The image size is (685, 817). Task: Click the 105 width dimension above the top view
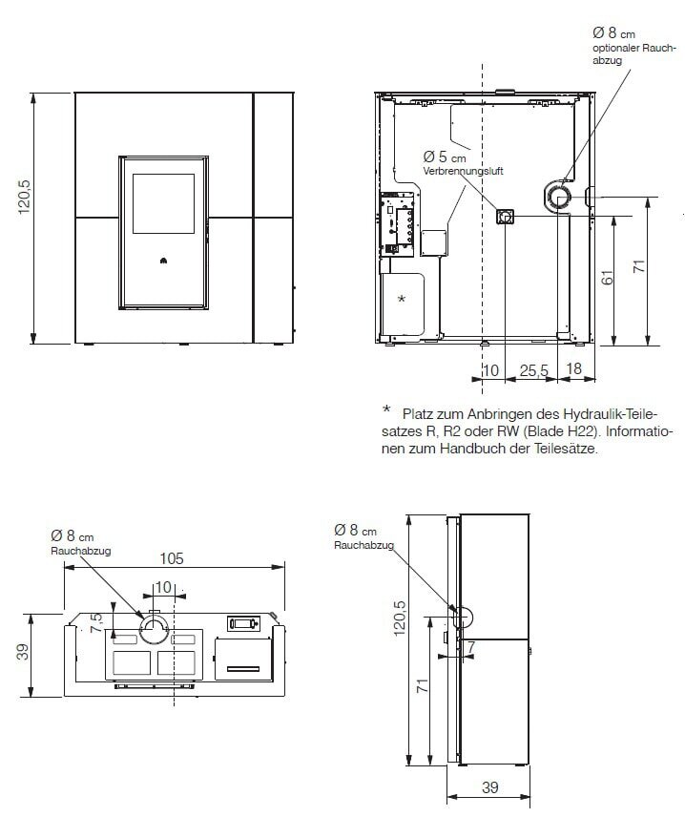172,558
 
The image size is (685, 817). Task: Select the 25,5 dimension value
533,369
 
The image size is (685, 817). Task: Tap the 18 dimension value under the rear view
574,369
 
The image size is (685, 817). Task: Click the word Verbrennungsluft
463,171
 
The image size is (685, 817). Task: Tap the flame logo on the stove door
161,259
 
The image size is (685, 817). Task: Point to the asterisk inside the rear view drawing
401,299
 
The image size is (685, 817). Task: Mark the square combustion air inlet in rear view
504,216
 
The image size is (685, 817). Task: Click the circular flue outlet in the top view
155,628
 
